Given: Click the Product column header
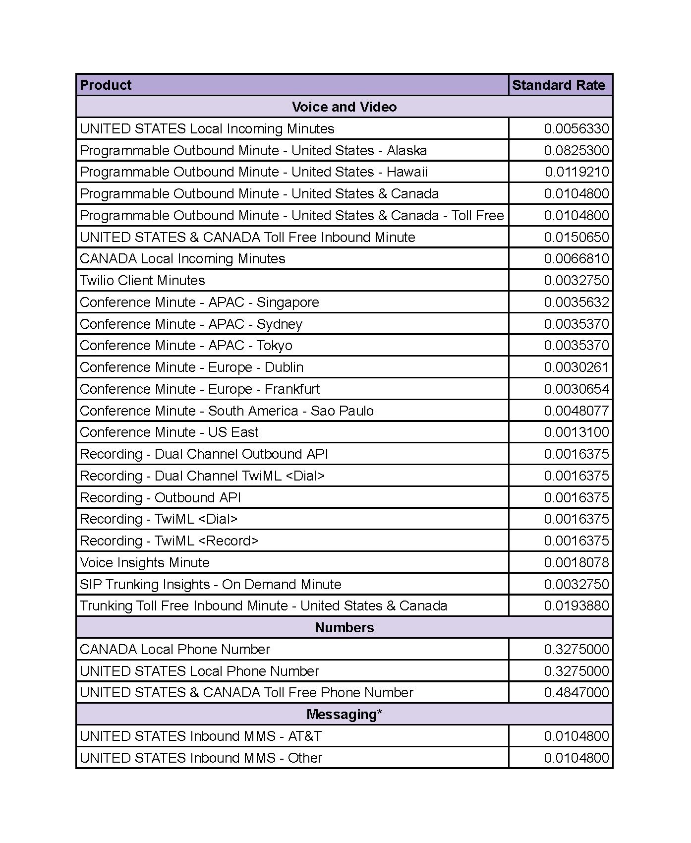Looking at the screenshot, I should tap(106, 85).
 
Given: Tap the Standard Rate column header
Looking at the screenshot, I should tap(559, 85).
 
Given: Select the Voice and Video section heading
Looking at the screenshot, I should tap(344, 107).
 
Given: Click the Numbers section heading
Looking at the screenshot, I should tap(344, 628).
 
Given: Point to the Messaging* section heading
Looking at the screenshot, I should tap(344, 715).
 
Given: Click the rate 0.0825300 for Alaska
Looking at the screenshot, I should tap(576, 151).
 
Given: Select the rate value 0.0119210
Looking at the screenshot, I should tap(577, 172).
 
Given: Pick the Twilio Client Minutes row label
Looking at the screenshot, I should tap(142, 281).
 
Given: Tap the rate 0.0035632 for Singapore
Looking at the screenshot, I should tap(576, 302).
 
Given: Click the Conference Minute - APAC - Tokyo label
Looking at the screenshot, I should tap(186, 346).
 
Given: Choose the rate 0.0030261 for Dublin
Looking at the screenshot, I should tap(576, 367).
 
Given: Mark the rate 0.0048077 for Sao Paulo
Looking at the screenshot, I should tap(576, 411).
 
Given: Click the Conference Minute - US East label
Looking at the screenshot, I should tap(169, 432).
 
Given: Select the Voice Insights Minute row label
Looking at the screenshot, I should tap(145, 563).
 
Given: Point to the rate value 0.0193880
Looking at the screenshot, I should tap(576, 606).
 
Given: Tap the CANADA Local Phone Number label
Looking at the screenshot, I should tap(175, 650).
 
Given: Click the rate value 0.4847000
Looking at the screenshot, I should tap(576, 693).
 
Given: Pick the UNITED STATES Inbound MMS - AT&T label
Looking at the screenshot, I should tap(201, 736).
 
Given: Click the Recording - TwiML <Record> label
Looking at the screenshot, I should tap(169, 541).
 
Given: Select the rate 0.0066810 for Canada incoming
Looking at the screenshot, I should tap(576, 259).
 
